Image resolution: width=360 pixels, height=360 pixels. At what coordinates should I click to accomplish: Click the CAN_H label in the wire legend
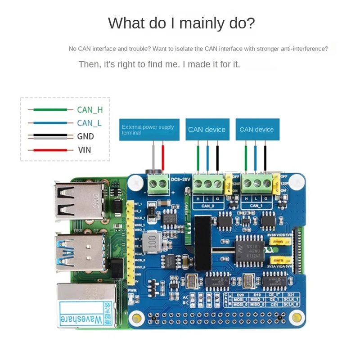[x=90, y=109]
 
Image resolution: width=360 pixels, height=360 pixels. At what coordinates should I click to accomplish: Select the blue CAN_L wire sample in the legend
[x=50, y=122]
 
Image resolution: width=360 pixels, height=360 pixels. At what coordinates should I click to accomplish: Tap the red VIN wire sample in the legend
[x=50, y=150]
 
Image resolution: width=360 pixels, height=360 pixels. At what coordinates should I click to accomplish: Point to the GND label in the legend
[x=85, y=136]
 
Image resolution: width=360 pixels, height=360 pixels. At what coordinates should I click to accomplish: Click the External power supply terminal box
[x=149, y=130]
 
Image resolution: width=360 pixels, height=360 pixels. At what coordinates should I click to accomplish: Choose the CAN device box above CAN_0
[x=207, y=130]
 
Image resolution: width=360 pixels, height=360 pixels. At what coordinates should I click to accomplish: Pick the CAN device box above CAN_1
[x=256, y=130]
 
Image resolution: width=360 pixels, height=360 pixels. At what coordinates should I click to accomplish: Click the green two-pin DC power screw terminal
[x=158, y=183]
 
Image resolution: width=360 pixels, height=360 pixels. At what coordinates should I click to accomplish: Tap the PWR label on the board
[x=132, y=290]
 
